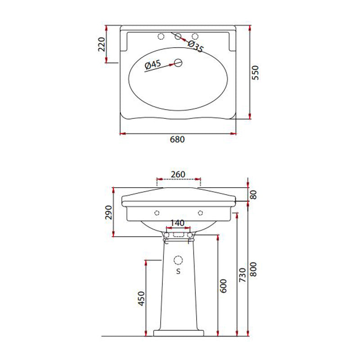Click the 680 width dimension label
(177, 139)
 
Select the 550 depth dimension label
(256, 72)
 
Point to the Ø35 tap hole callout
(195, 47)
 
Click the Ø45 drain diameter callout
(153, 65)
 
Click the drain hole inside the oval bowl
(178, 63)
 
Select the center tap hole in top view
(178, 36)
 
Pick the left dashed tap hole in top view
(161, 36)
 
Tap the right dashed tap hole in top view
(195, 36)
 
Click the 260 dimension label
(178, 174)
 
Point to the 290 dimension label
(108, 212)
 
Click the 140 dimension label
(178, 222)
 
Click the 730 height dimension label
(243, 274)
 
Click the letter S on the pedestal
(178, 271)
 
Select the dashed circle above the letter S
(178, 260)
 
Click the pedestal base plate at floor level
(178, 333)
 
